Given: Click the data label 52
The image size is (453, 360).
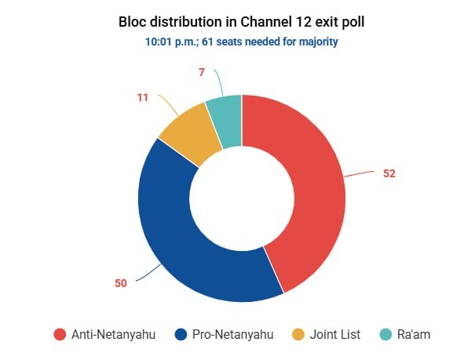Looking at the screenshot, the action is pyautogui.click(x=389, y=173).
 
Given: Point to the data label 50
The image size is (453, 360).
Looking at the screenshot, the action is pyautogui.click(x=121, y=283).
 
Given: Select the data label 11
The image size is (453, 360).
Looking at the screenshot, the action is pyautogui.click(x=143, y=97).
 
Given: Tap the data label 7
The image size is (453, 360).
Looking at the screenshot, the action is pyautogui.click(x=202, y=72).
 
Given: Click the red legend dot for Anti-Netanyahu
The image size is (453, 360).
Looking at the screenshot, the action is pyautogui.click(x=60, y=334).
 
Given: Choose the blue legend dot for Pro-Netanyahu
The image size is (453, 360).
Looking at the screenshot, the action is pyautogui.click(x=181, y=334).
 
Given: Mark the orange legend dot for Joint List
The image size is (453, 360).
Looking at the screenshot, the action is pyautogui.click(x=298, y=334).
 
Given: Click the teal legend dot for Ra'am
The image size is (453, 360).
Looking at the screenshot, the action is pyautogui.click(x=385, y=334).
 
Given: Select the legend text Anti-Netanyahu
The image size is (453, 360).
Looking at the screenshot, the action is pyautogui.click(x=113, y=334).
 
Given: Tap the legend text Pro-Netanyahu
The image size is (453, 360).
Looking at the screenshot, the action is pyautogui.click(x=233, y=334).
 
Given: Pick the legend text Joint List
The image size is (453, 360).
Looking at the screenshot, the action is pyautogui.click(x=335, y=334).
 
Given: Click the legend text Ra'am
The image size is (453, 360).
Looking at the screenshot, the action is pyautogui.click(x=414, y=334).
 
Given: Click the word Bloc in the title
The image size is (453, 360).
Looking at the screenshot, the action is pyautogui.click(x=133, y=22).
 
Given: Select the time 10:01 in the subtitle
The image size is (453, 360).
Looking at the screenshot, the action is pyautogui.click(x=159, y=42).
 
